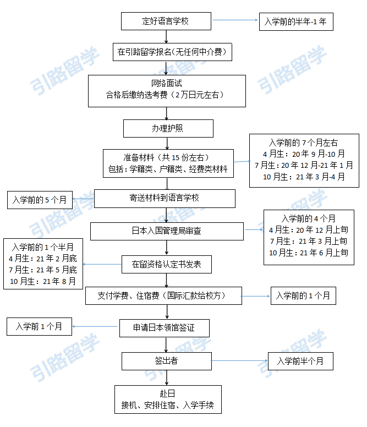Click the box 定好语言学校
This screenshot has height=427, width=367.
[166, 21]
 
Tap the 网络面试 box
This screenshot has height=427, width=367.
[167, 89]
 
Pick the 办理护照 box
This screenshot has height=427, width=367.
[168, 128]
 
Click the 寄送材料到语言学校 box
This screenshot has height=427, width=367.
[165, 198]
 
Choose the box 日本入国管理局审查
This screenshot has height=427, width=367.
[167, 231]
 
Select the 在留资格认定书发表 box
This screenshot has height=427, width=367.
[167, 264]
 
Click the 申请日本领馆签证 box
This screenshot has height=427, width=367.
[164, 329]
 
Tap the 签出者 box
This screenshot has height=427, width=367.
[166, 361]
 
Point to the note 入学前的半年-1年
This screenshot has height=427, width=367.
[296, 22]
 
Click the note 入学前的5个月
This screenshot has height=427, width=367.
[40, 200]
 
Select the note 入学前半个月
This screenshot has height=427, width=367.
[300, 362]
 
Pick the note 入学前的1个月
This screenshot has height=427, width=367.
[303, 296]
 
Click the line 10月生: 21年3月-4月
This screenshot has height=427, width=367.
[304, 177]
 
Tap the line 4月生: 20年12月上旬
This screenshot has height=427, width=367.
[306, 230]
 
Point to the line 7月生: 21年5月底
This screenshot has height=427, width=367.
[43, 270]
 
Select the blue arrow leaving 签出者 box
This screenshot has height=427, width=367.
[239, 361]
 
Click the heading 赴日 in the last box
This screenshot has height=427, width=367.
[167, 395]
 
